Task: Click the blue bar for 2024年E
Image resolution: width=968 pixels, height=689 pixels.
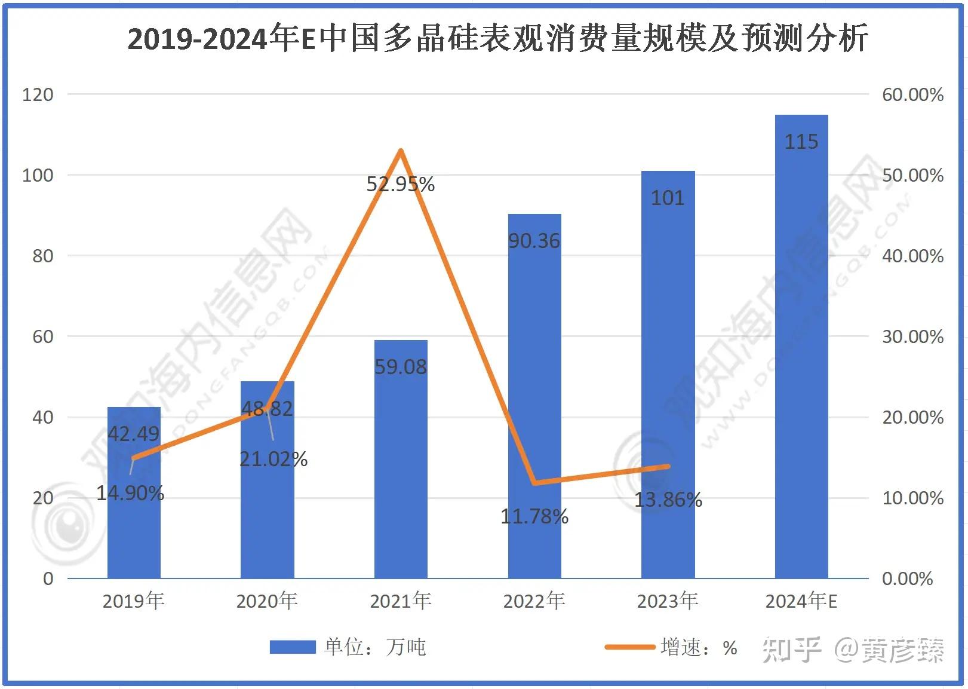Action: tap(801, 346)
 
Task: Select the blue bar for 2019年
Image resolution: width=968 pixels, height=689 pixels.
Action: tap(134, 492)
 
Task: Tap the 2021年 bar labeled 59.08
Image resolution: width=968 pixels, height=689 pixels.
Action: tap(401, 459)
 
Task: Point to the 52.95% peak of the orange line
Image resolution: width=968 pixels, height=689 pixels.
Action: tap(401, 151)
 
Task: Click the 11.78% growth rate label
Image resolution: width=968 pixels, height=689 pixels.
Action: tap(534, 516)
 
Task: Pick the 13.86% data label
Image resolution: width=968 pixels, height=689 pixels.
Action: tap(668, 500)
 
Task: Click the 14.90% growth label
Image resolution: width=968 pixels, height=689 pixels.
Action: tap(130, 493)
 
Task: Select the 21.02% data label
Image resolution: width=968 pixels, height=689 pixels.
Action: tap(274, 459)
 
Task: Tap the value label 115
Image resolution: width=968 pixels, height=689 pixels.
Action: tap(801, 142)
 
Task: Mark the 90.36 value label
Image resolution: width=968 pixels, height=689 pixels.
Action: tap(534, 241)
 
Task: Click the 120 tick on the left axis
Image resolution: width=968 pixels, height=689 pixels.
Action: tap(38, 95)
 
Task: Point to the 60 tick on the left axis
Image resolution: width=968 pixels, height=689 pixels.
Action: tap(43, 336)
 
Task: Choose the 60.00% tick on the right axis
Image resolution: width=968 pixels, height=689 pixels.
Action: tap(912, 95)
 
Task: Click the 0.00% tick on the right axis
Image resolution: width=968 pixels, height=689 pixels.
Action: tap(908, 578)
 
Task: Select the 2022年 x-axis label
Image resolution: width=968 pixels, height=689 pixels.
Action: tap(534, 601)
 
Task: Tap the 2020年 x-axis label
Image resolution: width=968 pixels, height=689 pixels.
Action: tap(267, 601)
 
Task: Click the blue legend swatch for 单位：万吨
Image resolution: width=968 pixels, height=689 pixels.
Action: tap(293, 647)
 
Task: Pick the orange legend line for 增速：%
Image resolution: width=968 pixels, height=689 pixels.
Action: tap(630, 647)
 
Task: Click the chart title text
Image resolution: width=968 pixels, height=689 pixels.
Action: tap(498, 38)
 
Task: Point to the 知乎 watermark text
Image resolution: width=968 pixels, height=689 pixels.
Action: tap(792, 650)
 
